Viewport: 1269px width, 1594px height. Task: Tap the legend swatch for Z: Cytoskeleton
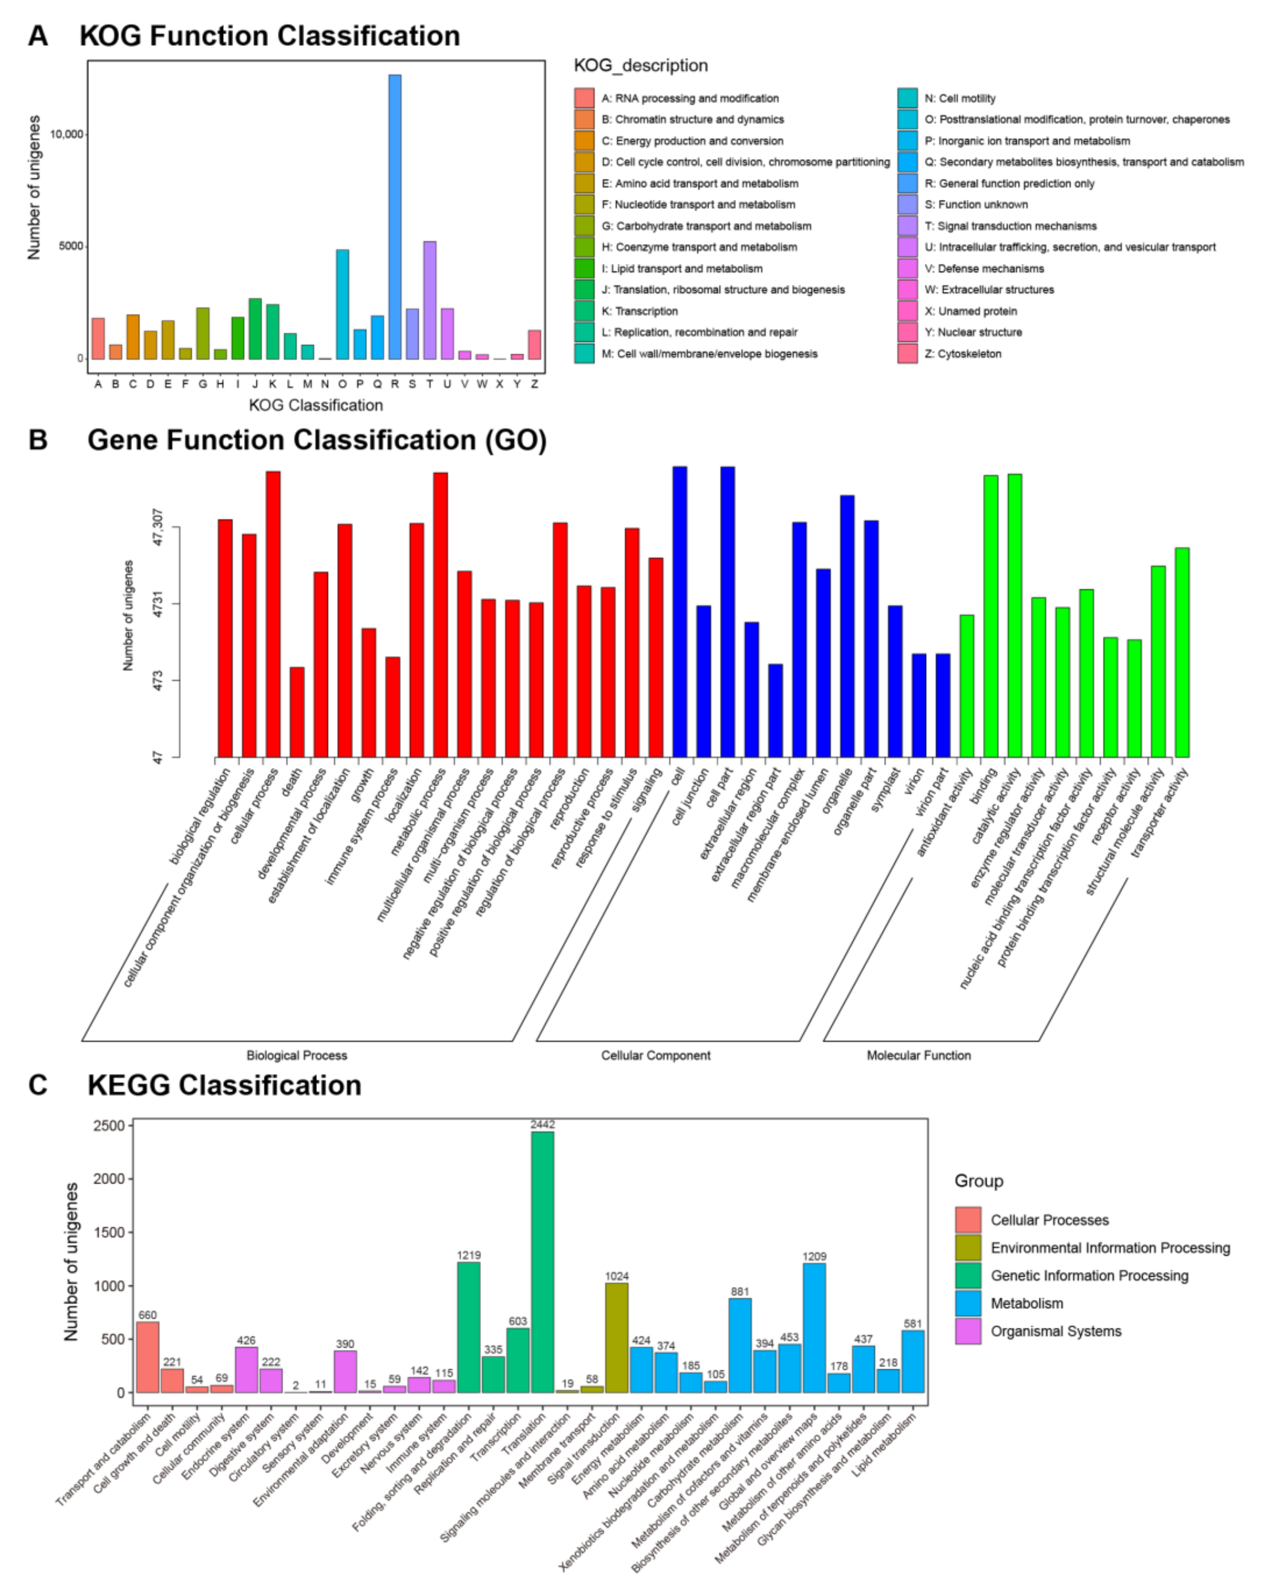click(x=907, y=354)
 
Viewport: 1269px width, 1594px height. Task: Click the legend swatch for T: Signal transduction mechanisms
click(x=907, y=225)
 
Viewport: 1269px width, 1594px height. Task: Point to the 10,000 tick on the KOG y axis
click(x=66, y=134)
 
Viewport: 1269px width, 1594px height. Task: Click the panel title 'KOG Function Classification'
click(x=269, y=35)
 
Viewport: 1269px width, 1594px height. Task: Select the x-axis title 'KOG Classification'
click(x=316, y=405)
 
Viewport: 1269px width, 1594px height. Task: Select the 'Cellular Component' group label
click(x=655, y=1055)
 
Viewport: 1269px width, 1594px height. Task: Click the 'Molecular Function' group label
click(x=919, y=1055)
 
